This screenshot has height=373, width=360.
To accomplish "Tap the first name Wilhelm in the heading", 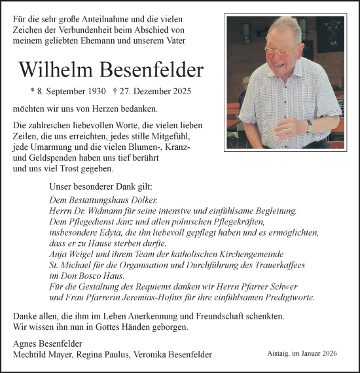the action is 58,70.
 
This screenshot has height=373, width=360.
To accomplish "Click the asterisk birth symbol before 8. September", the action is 33,93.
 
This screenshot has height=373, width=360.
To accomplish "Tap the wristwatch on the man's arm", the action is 310,126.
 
